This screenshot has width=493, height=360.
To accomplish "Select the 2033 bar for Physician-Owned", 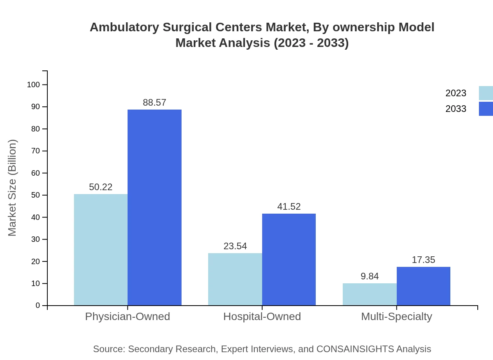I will [155, 207].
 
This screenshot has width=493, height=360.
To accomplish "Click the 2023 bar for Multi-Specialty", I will [369, 294].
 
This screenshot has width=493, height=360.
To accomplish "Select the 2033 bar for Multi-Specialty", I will [423, 286].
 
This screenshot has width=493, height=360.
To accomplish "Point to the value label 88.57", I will [155, 103].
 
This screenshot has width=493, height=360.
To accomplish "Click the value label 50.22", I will [101, 187].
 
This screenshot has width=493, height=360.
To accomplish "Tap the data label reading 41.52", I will [289, 207].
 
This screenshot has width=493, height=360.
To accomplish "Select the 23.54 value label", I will [235, 246].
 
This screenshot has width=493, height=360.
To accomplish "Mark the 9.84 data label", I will [370, 276].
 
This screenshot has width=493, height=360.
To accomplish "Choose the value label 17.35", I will [423, 260].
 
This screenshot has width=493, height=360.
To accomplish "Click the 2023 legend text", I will [456, 93].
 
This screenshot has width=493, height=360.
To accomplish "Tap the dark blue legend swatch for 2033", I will [486, 109].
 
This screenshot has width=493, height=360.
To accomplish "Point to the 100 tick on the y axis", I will [33, 85].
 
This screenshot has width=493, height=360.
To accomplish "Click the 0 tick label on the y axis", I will [38, 305].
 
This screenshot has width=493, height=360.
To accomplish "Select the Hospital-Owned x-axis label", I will [262, 316].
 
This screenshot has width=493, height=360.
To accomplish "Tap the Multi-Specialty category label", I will [396, 316].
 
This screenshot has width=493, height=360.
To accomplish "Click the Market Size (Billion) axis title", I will [12, 188].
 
